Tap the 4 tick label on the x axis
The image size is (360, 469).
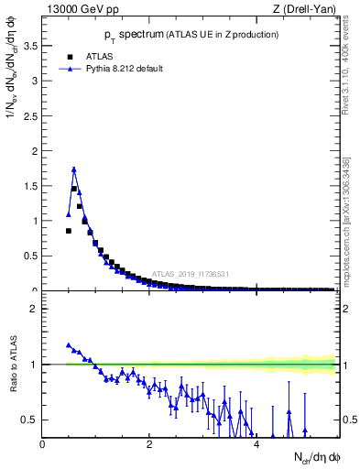click(256, 444)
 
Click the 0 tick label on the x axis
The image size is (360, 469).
click(43, 444)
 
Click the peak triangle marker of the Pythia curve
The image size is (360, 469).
click(74, 169)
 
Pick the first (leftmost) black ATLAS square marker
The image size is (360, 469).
click(69, 231)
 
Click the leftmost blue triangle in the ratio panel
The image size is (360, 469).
click(69, 345)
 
